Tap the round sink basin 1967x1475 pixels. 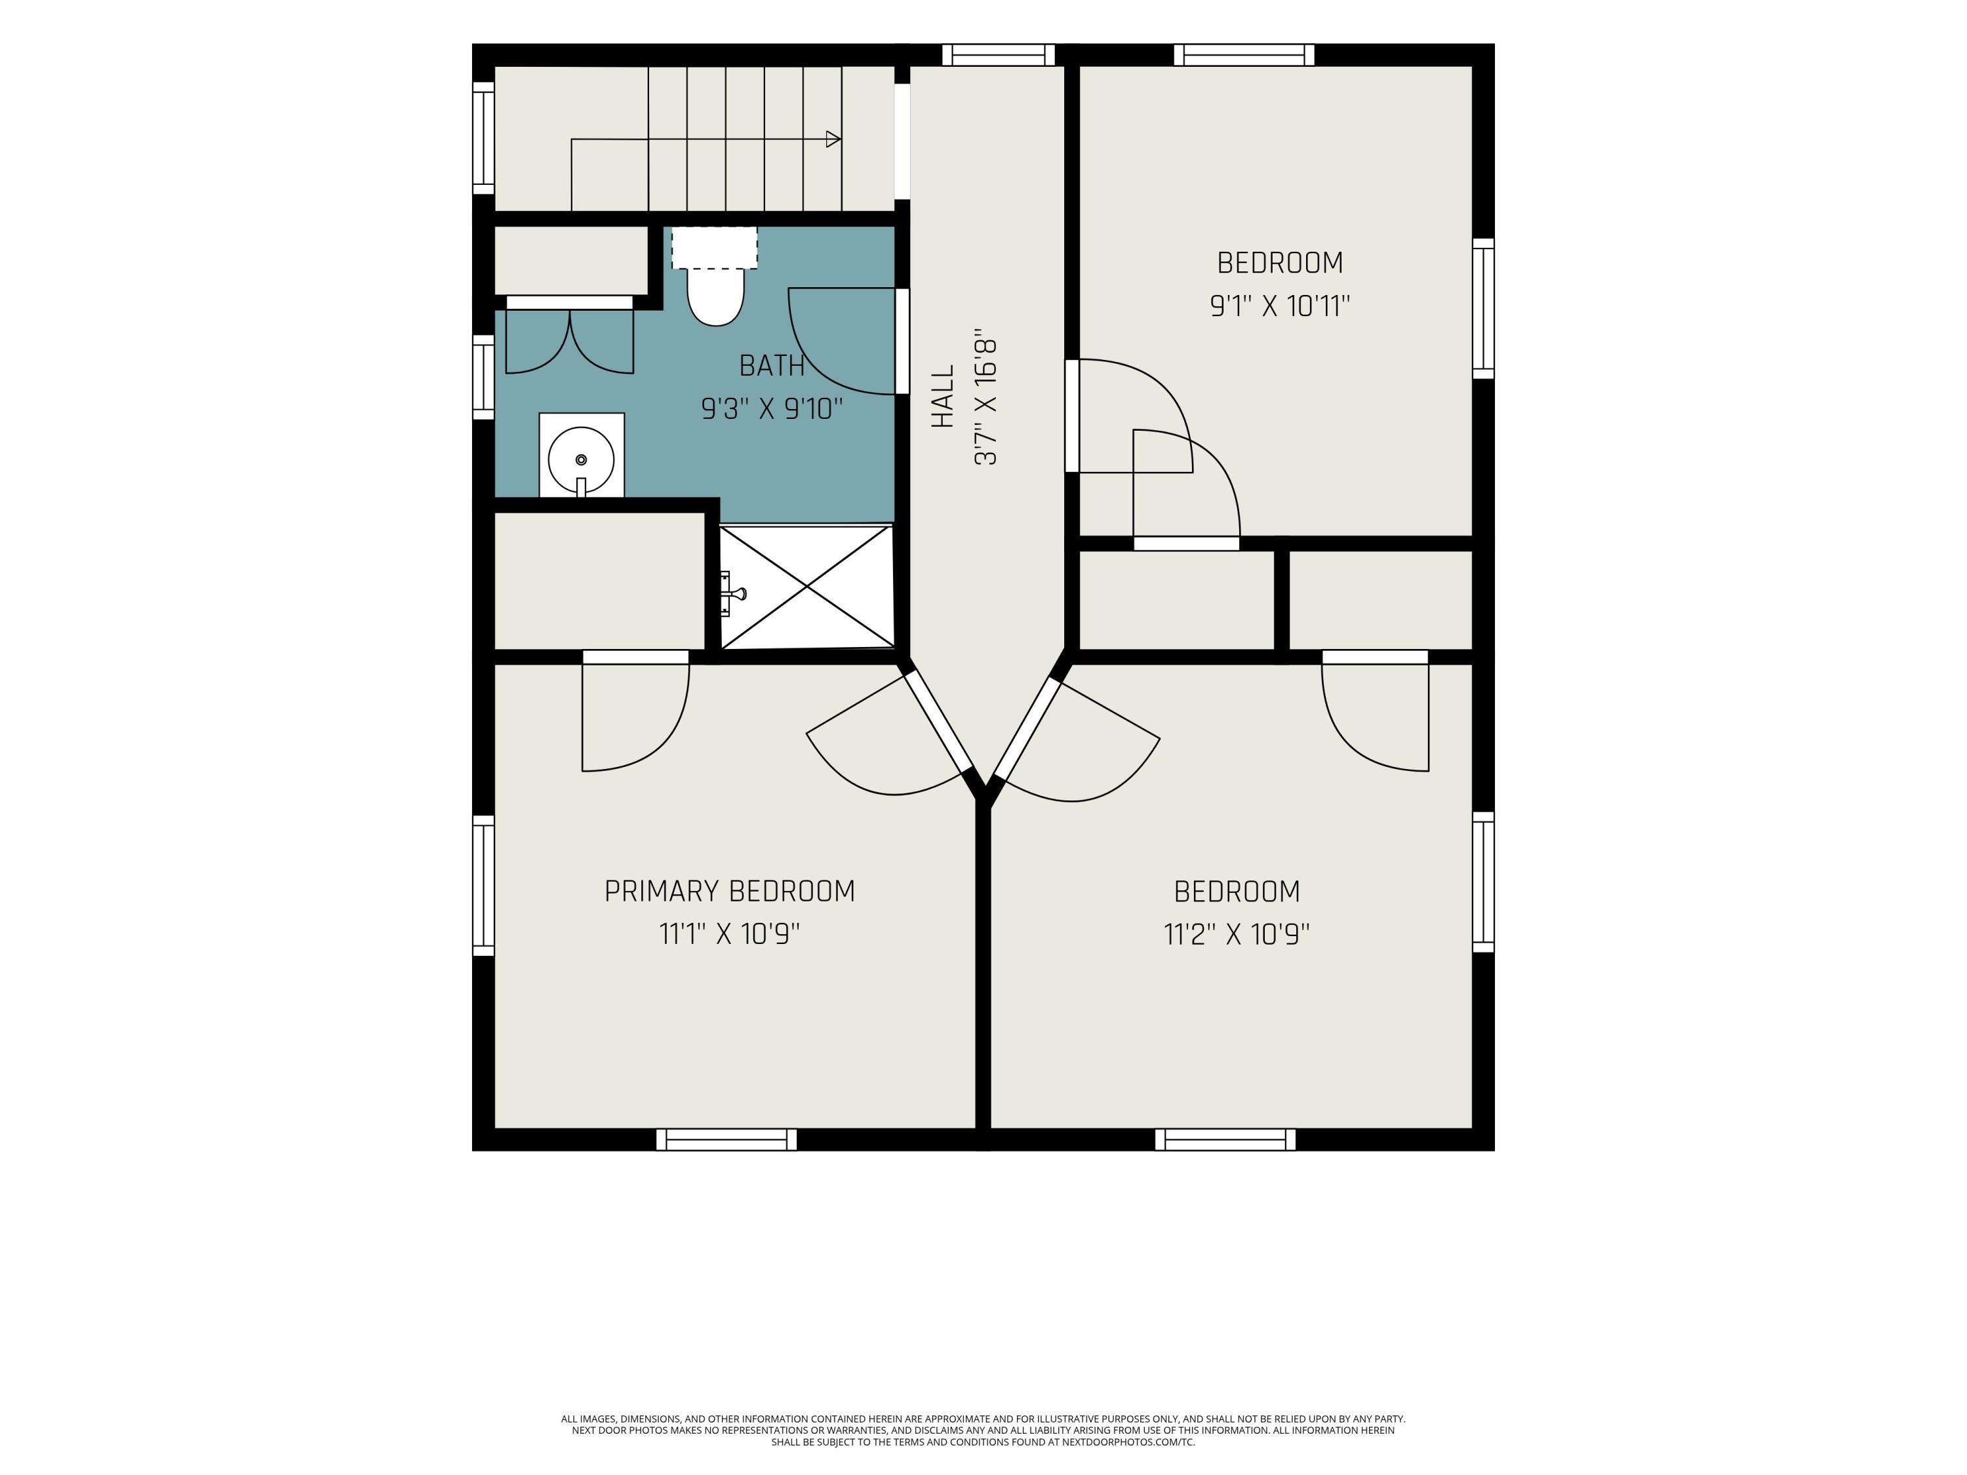(x=581, y=460)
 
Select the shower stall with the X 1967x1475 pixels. (x=806, y=586)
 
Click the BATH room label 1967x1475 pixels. (x=772, y=365)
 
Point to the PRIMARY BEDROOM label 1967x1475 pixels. (x=729, y=891)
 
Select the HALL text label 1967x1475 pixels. (x=943, y=396)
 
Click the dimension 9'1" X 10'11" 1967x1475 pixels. (x=1280, y=306)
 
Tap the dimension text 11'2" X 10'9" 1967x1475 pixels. (x=1237, y=934)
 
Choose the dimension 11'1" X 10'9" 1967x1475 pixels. (x=729, y=934)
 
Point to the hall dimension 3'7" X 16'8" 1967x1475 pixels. (x=986, y=401)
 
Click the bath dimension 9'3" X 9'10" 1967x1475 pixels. (x=772, y=409)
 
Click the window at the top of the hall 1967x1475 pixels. (x=998, y=55)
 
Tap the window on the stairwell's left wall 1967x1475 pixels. (x=483, y=138)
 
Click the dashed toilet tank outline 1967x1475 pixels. (x=714, y=247)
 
